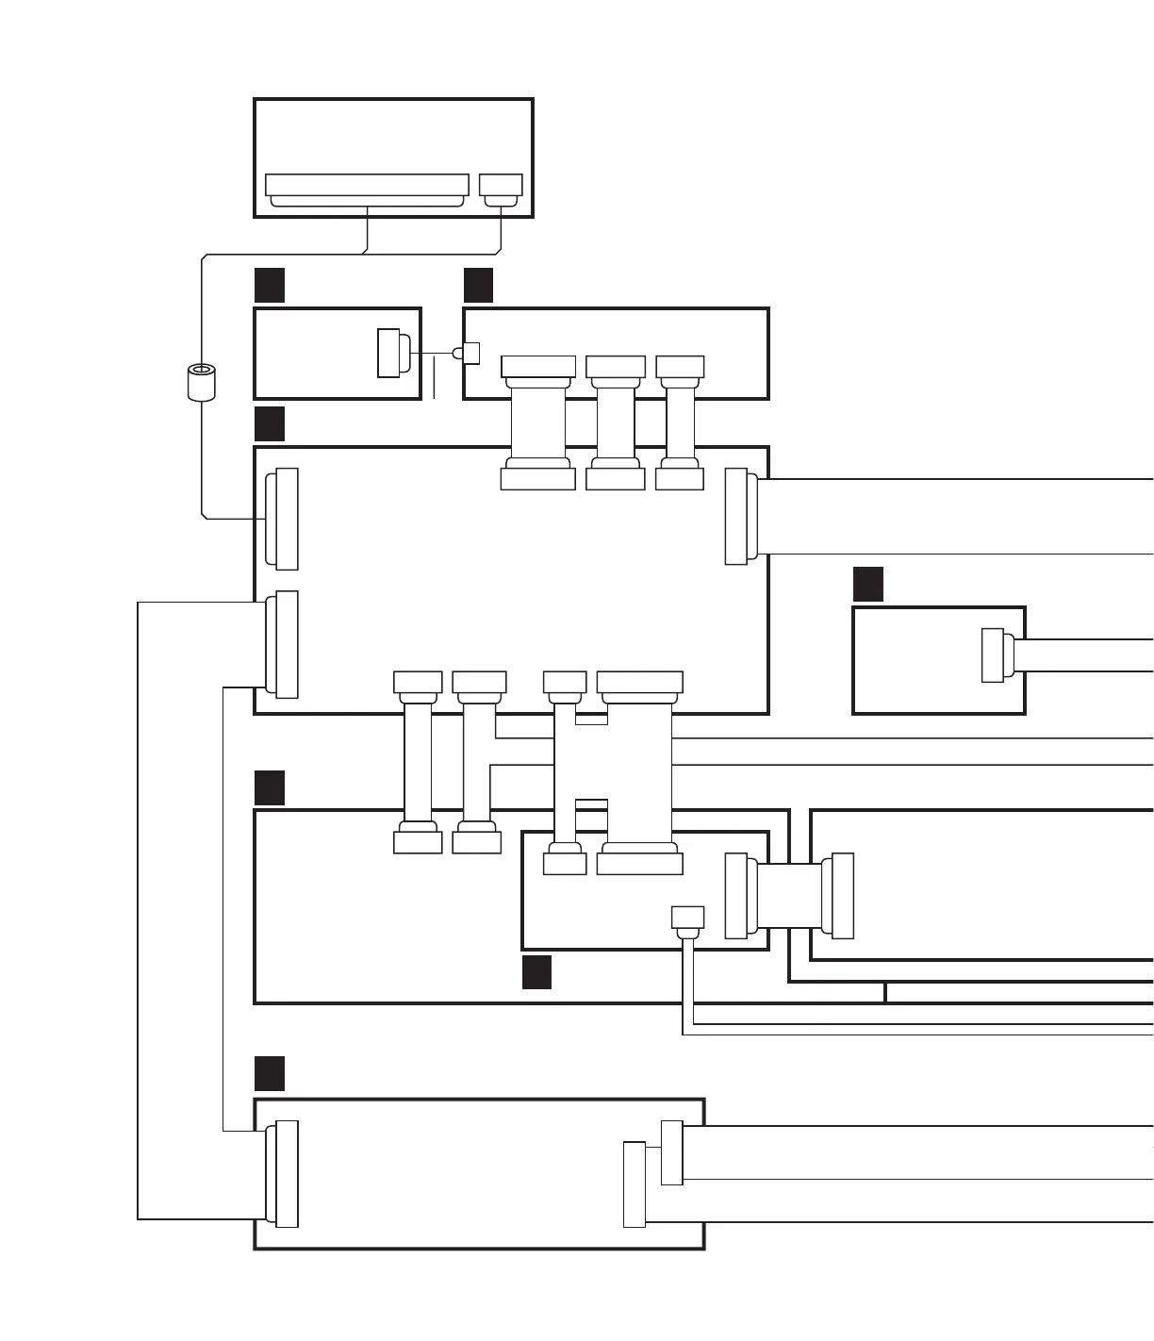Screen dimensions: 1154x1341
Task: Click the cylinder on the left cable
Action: [x=201, y=382]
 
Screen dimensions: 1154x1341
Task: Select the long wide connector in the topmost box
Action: [x=367, y=188]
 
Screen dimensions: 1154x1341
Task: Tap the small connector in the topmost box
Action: [x=501, y=189]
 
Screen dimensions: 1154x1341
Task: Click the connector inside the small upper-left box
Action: [x=393, y=353]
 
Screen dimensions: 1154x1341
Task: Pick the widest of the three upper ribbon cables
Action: [x=538, y=422]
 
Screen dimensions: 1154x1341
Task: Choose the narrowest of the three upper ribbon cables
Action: [x=680, y=422]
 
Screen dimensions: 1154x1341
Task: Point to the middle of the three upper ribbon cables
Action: [x=616, y=422]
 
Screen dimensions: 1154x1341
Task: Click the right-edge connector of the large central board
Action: [x=740, y=517]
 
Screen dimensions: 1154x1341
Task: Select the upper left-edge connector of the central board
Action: [x=283, y=519]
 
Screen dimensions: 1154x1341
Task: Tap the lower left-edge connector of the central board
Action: [x=283, y=645]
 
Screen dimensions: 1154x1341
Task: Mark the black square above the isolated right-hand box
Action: [x=868, y=585]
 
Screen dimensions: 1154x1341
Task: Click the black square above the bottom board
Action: [x=270, y=1073]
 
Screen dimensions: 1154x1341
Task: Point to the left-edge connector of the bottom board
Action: [x=283, y=1174]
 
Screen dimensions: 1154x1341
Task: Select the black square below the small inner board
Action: [x=536, y=972]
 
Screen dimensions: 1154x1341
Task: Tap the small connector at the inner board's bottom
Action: [x=687, y=920]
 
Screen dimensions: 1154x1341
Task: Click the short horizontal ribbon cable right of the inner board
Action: [x=790, y=896]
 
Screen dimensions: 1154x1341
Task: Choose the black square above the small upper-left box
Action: [x=270, y=285]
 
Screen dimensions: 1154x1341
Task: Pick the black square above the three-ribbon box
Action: [x=478, y=285]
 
